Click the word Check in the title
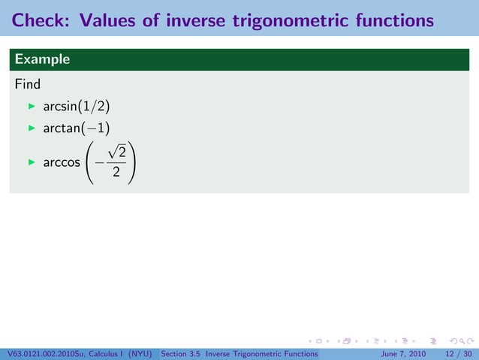pos(38,20)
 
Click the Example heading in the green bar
pos(42,59)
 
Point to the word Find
pos(27,83)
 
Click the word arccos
pos(62,162)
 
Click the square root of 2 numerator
pos(114,152)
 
